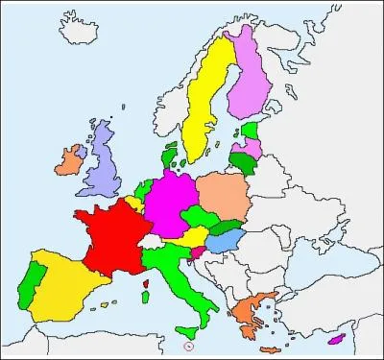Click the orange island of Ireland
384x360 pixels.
coord(69,159)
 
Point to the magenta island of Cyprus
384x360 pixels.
coord(336,338)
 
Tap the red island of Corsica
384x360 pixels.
coord(146,284)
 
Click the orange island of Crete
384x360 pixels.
coord(271,348)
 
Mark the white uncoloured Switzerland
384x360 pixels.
coord(153,241)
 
